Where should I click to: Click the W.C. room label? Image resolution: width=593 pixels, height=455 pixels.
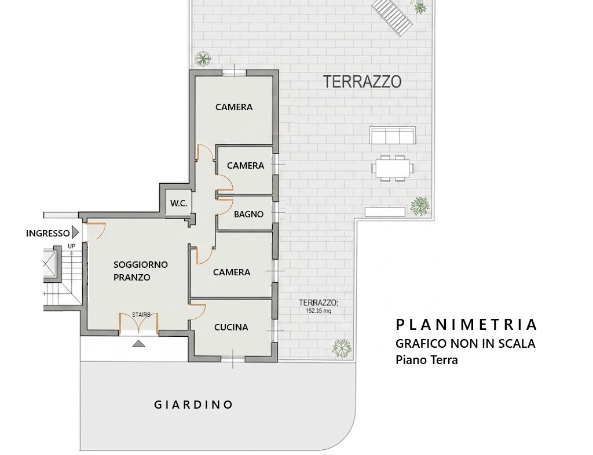tap(178, 203)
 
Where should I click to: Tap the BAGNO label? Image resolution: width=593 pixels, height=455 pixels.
tap(248, 214)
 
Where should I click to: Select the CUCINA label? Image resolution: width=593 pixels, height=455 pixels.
tap(231, 327)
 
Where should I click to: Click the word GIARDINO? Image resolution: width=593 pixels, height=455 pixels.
tap(193, 405)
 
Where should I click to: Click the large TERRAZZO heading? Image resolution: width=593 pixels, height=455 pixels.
tap(363, 81)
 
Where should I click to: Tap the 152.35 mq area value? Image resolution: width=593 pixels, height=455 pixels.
tap(319, 311)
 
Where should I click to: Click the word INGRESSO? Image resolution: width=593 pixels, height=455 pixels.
tap(47, 233)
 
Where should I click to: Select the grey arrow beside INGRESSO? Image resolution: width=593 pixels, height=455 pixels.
tap(75, 232)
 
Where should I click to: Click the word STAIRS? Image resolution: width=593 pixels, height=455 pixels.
tap(141, 315)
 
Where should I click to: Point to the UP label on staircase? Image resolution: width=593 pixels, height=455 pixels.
tap(71, 246)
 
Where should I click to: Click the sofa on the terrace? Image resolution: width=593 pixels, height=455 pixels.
tap(392, 136)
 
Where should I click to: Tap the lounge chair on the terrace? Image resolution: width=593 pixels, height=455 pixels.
tap(392, 16)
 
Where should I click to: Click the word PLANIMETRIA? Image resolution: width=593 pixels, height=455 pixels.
tap(466, 325)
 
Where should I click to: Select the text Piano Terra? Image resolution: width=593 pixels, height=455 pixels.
tap(427, 359)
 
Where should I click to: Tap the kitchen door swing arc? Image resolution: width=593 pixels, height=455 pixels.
tap(201, 312)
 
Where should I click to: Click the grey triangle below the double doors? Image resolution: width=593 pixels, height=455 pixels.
tap(139, 344)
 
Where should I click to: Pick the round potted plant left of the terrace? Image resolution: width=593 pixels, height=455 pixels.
tap(203, 59)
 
